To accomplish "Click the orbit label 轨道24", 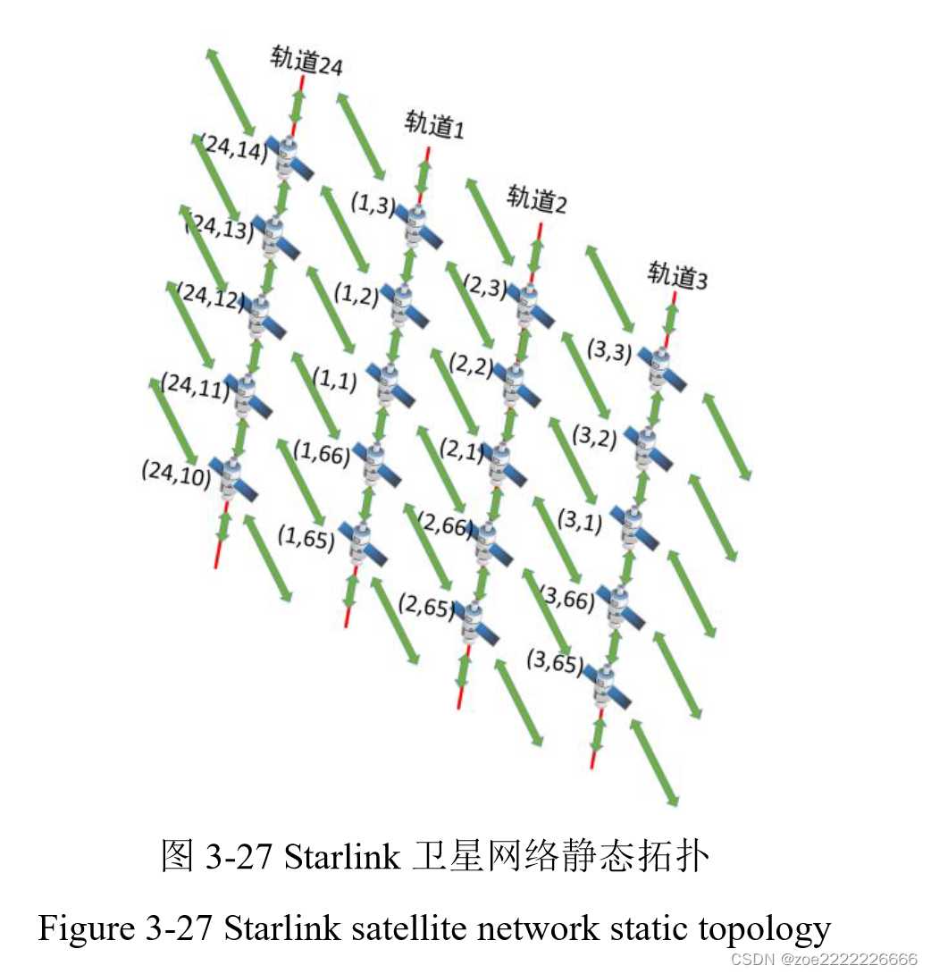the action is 306,61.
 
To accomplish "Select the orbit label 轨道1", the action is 434,124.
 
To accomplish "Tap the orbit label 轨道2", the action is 537,199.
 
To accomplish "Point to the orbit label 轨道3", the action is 677,275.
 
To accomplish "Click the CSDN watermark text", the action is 824,959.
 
